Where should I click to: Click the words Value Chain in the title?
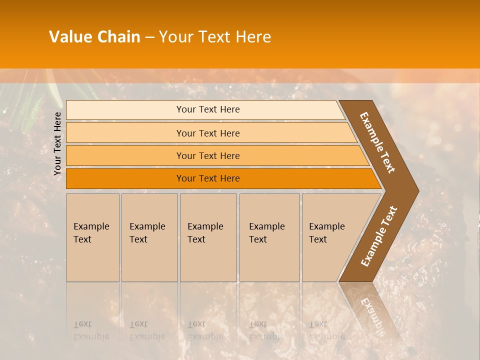94,37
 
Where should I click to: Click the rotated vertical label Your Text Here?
57,143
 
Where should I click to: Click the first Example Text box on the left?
92,237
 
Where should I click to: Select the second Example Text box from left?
149,237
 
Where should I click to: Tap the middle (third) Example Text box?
208,237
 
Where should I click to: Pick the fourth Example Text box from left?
269,237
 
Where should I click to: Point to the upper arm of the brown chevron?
377,142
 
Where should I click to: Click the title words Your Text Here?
215,37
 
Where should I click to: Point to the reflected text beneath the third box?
205,330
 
